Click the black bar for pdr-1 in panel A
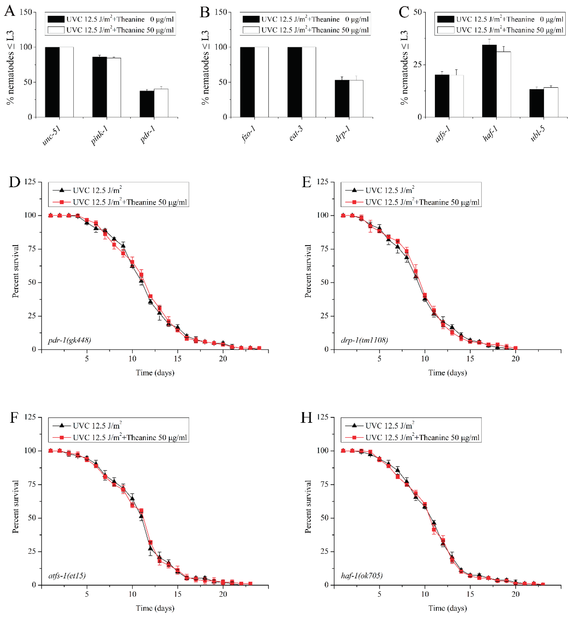(x=147, y=104)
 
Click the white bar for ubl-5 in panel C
(x=551, y=102)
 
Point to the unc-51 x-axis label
(x=51, y=136)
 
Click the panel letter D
(x=14, y=182)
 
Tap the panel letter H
(x=306, y=418)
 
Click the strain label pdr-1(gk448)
(x=69, y=340)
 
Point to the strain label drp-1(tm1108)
(x=364, y=340)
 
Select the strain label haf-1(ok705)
(x=361, y=576)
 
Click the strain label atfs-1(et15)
(x=67, y=576)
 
